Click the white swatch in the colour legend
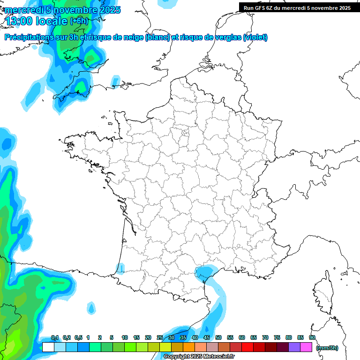pyautogui.click(x=48, y=347)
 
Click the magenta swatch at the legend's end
pyautogui.click(x=306, y=347)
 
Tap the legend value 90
pyautogui.click(x=312, y=337)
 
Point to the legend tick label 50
pyautogui.click(x=218, y=337)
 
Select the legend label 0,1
pyautogui.click(x=55, y=337)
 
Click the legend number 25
pyautogui.click(x=160, y=337)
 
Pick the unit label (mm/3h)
pyautogui.click(x=327, y=348)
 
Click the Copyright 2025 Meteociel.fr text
pyautogui.click(x=199, y=357)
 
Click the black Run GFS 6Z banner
pyautogui.click(x=297, y=7)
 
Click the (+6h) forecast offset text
pyautogui.click(x=79, y=21)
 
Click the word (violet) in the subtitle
pyautogui.click(x=255, y=37)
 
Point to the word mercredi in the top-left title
pyautogui.click(x=23, y=10)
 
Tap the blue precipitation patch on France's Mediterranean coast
pyautogui.click(x=204, y=273)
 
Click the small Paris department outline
pyautogui.click(x=185, y=135)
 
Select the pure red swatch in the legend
pyautogui.click(x=247, y=347)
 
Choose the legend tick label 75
pyautogui.click(x=277, y=337)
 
